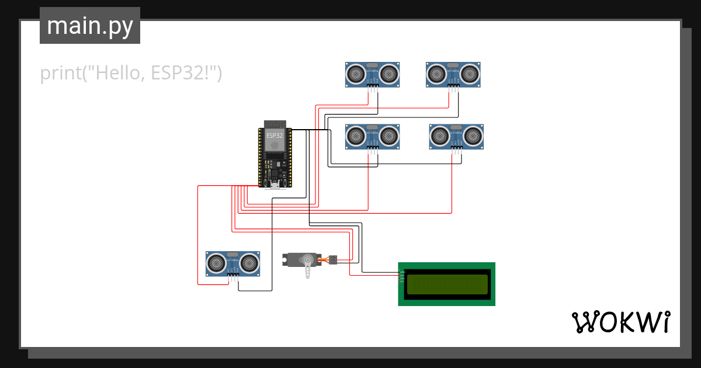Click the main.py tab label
[89, 26]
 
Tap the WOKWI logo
[620, 322]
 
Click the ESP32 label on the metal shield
[275, 135]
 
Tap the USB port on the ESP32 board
[275, 186]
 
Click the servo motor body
[301, 259]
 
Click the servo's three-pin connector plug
[333, 259]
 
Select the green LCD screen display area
[447, 284]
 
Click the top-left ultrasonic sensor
[373, 74]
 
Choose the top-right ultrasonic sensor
[453, 74]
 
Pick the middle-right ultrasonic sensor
[456, 136]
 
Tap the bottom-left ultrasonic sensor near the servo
[232, 263]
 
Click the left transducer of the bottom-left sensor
[217, 263]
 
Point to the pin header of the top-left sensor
[373, 87]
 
